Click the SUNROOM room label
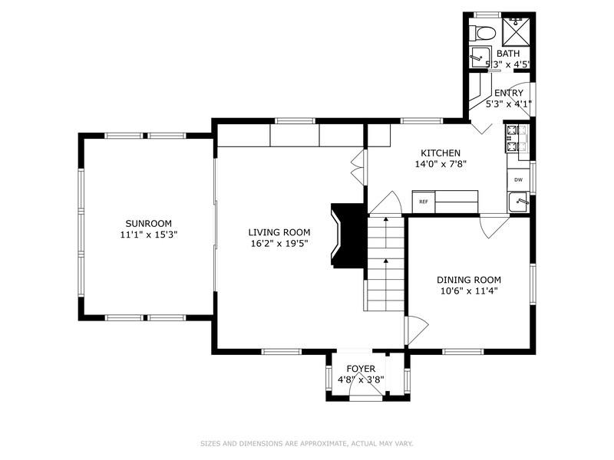(148, 224)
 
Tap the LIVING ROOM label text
(279, 232)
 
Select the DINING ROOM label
(469, 280)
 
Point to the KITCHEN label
(441, 153)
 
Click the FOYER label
(361, 369)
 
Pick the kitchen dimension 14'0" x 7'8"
(441, 164)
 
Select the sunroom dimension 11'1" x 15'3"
(149, 235)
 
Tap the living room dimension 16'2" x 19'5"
(279, 243)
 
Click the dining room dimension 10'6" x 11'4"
(469, 291)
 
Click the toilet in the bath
(482, 32)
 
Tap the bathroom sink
(480, 57)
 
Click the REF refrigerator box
(424, 202)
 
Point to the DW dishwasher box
(519, 180)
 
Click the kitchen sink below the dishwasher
(519, 202)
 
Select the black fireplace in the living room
(348, 235)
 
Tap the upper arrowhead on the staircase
(386, 219)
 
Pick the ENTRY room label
(509, 93)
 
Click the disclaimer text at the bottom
(307, 444)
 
